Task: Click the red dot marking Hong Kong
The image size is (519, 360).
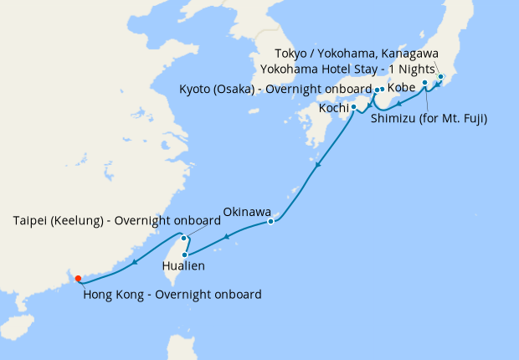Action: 78,279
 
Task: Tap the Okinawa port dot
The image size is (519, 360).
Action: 270,222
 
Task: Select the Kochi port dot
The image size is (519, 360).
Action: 354,107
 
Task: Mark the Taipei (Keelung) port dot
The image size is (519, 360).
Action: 184,238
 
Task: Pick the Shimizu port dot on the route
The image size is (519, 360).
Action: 425,83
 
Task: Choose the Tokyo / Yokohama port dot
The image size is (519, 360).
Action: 440,77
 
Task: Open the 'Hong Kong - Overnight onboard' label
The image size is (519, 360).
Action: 172,295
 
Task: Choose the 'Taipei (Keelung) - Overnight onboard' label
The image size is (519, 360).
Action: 116,221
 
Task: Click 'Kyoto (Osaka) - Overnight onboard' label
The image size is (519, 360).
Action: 275,90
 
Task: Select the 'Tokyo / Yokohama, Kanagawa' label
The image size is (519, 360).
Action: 367,53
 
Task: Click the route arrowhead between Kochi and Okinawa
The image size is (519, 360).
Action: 316,169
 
